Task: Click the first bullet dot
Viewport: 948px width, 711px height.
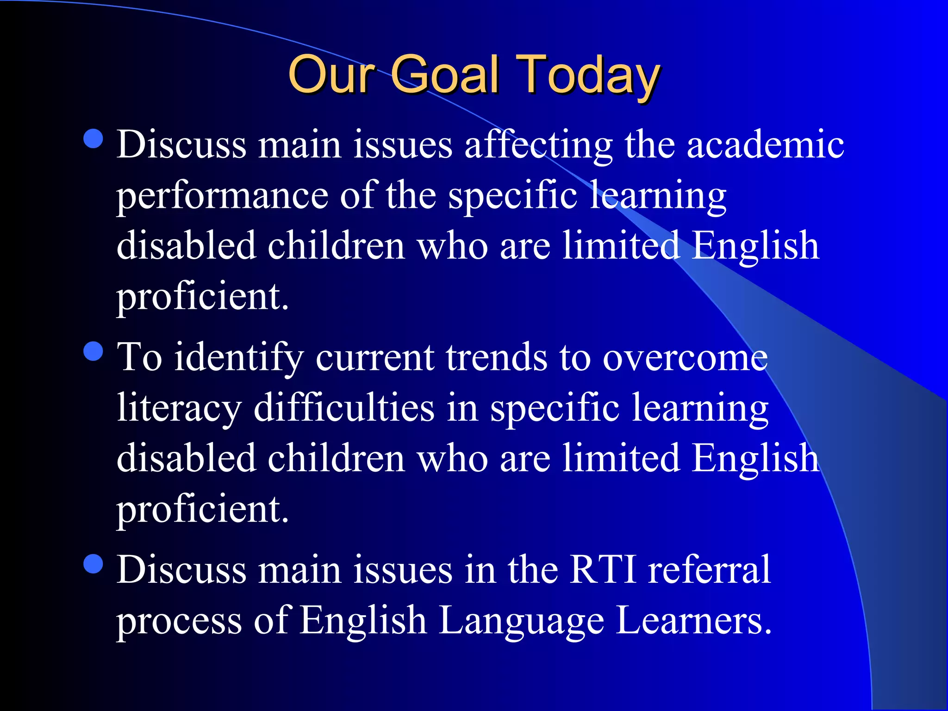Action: [x=94, y=138]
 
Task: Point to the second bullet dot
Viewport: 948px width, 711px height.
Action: [x=94, y=351]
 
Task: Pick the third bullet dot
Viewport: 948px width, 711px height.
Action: [x=94, y=564]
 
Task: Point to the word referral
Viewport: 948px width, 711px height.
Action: [x=709, y=569]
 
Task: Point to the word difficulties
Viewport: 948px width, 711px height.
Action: [x=344, y=408]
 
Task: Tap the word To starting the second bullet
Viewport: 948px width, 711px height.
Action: [x=139, y=358]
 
